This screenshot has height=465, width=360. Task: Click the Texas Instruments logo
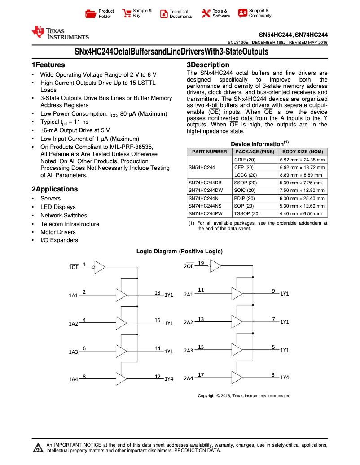[x=60, y=33]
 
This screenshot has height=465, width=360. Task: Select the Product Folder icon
[x=91, y=13]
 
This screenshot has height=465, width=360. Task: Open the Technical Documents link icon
[x=164, y=13]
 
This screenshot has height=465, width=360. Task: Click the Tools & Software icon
[x=206, y=13]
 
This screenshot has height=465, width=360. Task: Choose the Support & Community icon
[x=243, y=13]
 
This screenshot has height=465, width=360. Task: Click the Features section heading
[x=48, y=65]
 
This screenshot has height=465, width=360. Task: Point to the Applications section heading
[x=54, y=189]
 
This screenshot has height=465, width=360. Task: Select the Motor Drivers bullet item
[x=58, y=232]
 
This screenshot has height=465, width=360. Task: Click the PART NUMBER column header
[x=209, y=152]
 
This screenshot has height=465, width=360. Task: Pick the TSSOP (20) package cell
[x=246, y=214]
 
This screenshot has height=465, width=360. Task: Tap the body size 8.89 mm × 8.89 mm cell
[x=302, y=175]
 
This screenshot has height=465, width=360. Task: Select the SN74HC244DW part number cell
[x=205, y=191]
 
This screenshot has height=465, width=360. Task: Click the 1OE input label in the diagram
[x=74, y=267]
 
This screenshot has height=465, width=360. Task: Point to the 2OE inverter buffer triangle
[x=215, y=266]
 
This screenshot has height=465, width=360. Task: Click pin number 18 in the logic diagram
[x=158, y=292]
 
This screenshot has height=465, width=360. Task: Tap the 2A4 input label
[x=189, y=378]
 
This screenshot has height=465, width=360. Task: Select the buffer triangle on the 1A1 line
[x=121, y=295]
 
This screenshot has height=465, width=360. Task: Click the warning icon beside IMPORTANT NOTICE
[x=38, y=448]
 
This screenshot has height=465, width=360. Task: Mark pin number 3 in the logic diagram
[x=273, y=375]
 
